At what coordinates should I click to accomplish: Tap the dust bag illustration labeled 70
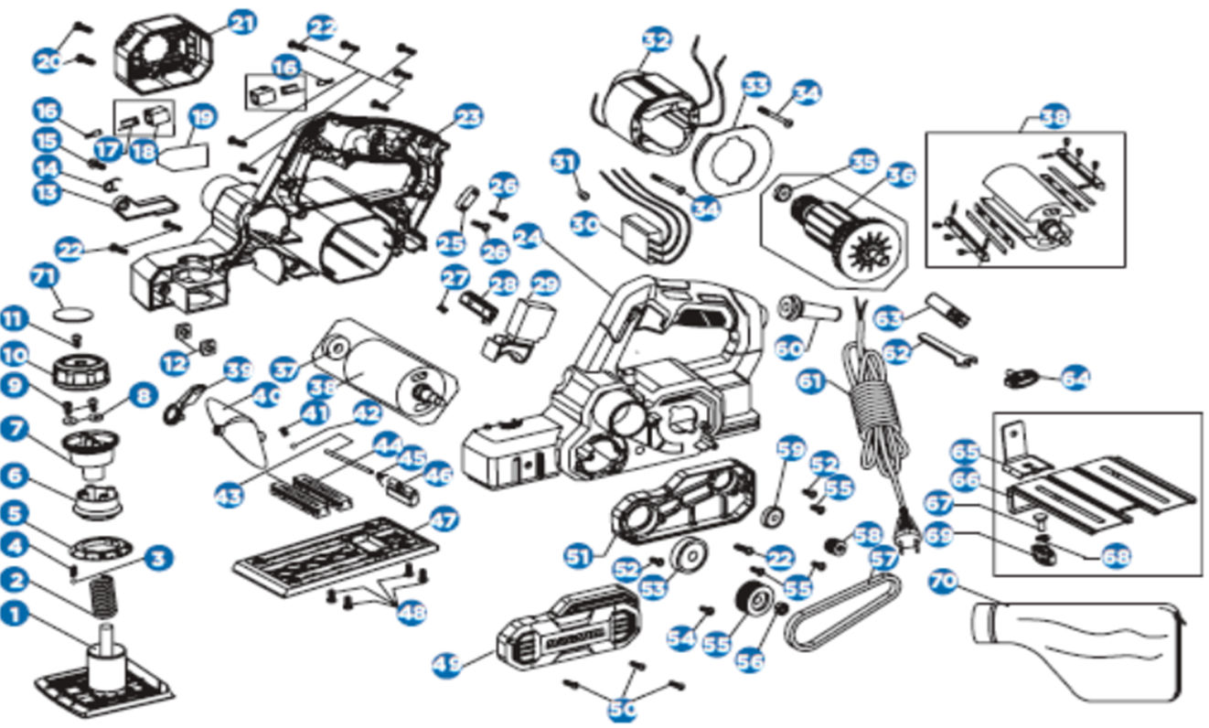tap(1079, 649)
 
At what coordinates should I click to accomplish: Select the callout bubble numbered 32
tap(656, 39)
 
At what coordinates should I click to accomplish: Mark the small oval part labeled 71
tap(74, 310)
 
